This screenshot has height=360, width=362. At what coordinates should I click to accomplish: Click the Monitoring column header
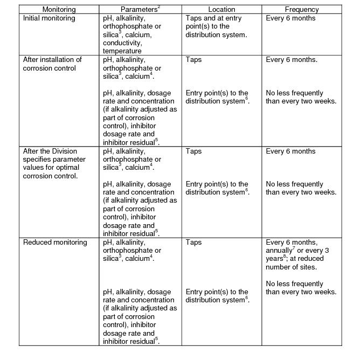(59, 10)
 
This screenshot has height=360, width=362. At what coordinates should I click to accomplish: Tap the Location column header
(221, 10)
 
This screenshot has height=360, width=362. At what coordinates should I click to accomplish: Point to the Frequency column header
(302, 10)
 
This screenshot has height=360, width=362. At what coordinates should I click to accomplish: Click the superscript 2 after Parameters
(159, 7)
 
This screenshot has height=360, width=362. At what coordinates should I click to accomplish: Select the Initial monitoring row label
(49, 18)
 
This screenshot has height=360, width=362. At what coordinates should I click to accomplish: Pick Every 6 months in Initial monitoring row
(291, 18)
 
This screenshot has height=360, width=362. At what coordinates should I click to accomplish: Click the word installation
(62, 60)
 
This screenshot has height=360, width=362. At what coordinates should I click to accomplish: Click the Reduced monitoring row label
(55, 243)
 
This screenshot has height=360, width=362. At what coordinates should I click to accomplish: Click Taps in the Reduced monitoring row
(194, 243)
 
